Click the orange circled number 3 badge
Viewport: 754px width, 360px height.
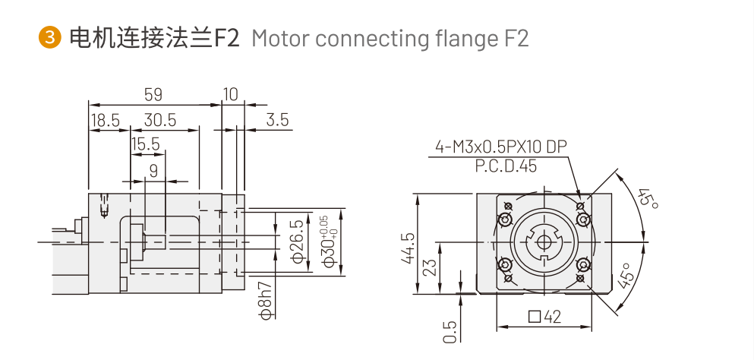tap(49, 37)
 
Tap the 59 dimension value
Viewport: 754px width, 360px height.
tap(153, 94)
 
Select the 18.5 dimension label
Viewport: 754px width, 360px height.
tap(106, 120)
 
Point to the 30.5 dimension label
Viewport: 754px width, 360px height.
tap(159, 120)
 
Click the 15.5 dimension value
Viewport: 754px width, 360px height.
tap(145, 144)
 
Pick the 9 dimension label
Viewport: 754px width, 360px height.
tap(153, 171)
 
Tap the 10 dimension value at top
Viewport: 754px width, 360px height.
tap(231, 94)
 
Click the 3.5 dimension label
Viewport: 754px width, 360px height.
tap(278, 120)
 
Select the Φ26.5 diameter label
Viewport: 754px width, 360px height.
tap(298, 242)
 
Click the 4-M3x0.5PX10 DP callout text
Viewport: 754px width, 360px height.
tap(501, 147)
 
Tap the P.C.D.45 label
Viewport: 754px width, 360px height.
tap(506, 166)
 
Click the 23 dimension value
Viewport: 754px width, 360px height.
tap(430, 268)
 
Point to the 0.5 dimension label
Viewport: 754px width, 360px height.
tap(450, 330)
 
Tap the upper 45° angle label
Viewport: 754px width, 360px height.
tap(647, 199)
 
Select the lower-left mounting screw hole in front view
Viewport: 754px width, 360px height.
tap(503, 266)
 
